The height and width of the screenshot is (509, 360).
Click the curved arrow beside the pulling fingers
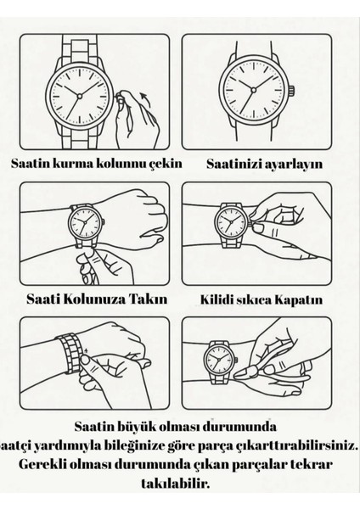pos(145,99)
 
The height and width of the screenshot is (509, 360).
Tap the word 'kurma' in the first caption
pos(72,163)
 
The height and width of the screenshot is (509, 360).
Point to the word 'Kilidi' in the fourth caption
pos(213,299)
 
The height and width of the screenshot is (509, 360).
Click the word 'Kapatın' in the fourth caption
pos(299,300)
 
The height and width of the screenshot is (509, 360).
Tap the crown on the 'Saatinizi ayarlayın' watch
pos(292,90)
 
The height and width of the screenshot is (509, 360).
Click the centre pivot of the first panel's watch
pos(79,96)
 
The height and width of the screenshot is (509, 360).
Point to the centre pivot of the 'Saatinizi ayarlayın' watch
pos(253,90)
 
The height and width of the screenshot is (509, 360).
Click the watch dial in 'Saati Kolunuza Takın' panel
pos(85,222)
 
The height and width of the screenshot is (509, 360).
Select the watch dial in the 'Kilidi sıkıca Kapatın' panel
pos(231,222)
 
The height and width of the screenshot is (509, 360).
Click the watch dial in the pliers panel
pos(219,359)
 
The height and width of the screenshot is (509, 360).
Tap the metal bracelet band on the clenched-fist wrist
pos(70,353)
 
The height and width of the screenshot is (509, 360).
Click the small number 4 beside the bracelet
pos(86,350)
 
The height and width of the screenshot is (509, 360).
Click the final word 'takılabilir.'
pos(176,484)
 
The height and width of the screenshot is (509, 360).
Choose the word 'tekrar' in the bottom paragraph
pos(311,464)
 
